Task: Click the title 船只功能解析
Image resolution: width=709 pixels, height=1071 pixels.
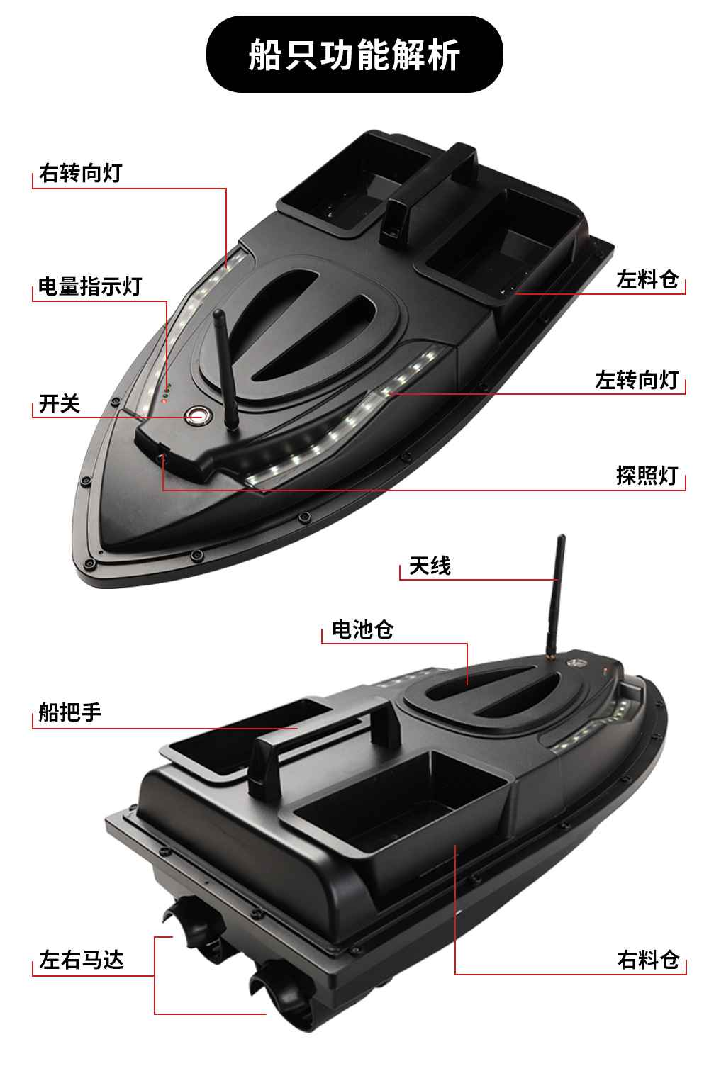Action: (x=354, y=55)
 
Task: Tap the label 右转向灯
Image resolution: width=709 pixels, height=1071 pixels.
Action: (x=80, y=173)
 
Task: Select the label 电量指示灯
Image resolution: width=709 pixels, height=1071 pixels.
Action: (x=90, y=286)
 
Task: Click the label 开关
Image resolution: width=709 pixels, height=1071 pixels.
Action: (x=60, y=404)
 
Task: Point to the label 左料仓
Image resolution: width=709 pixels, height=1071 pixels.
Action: (x=647, y=280)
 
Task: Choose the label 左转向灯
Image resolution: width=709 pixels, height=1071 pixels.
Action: (x=637, y=381)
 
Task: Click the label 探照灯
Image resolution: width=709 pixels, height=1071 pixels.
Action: (x=647, y=476)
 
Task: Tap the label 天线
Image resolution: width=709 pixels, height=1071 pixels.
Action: (x=430, y=566)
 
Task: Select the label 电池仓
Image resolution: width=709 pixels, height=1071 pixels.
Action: (x=362, y=629)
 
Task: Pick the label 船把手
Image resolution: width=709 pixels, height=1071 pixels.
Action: (x=70, y=712)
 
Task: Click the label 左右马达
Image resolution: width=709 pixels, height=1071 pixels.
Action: (x=82, y=960)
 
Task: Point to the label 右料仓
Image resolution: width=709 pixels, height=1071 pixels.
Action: (x=648, y=960)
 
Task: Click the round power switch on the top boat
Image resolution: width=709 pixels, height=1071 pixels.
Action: (x=196, y=415)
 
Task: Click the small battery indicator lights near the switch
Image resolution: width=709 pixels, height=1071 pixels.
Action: (x=167, y=390)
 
